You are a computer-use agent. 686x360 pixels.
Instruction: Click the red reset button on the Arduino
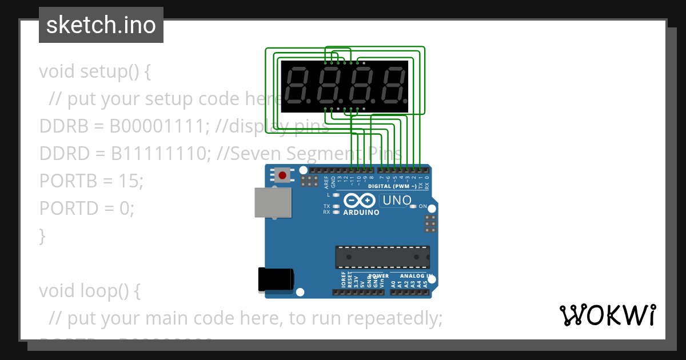tap(282, 174)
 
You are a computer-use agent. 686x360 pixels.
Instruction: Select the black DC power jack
tap(276, 280)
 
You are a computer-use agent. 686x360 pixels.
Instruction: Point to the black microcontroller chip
tap(382, 257)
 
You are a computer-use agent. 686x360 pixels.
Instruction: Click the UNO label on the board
tap(397, 201)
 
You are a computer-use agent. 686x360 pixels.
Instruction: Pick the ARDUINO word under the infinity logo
tap(361, 213)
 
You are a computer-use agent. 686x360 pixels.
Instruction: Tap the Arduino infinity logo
tap(361, 201)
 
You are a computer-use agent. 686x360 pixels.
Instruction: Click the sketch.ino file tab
tap(101, 25)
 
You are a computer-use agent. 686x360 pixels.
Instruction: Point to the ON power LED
tap(414, 206)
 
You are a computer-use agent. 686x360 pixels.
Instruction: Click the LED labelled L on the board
tap(336, 195)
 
